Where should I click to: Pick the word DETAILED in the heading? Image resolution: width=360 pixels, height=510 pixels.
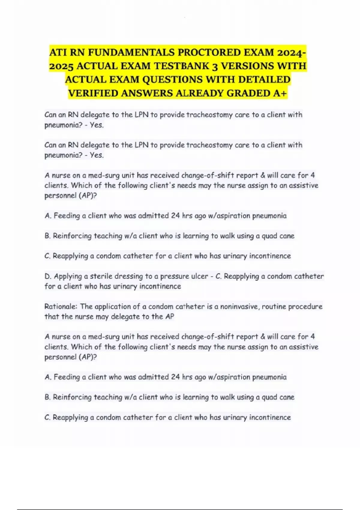[264, 79]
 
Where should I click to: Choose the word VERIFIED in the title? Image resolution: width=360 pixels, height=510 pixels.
[93, 93]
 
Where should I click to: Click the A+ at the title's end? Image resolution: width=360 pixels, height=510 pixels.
[280, 93]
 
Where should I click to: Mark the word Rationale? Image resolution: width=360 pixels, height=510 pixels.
[61, 306]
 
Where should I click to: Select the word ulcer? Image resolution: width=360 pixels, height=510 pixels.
[199, 276]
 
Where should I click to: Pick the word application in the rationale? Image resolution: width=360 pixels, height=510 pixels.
[113, 307]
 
